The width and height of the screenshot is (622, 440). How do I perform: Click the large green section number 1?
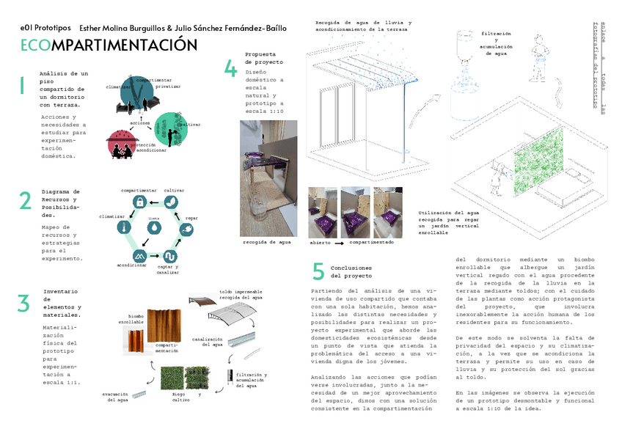[22, 86]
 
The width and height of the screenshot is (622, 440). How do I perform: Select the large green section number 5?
[318, 271]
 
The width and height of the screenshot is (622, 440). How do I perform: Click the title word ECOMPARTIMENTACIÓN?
[109, 45]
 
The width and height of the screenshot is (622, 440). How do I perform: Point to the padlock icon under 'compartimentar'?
[137, 202]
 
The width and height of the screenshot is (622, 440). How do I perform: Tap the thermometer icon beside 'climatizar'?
[122, 228]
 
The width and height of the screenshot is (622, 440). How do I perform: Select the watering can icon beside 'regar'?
[187, 229]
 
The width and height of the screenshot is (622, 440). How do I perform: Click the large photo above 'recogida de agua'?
[268, 178]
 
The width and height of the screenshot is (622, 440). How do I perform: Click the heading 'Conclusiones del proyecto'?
[351, 272]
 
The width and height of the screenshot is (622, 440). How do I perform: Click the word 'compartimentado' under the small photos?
[371, 242]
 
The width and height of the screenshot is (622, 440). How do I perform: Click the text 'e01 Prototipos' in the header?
[45, 28]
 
